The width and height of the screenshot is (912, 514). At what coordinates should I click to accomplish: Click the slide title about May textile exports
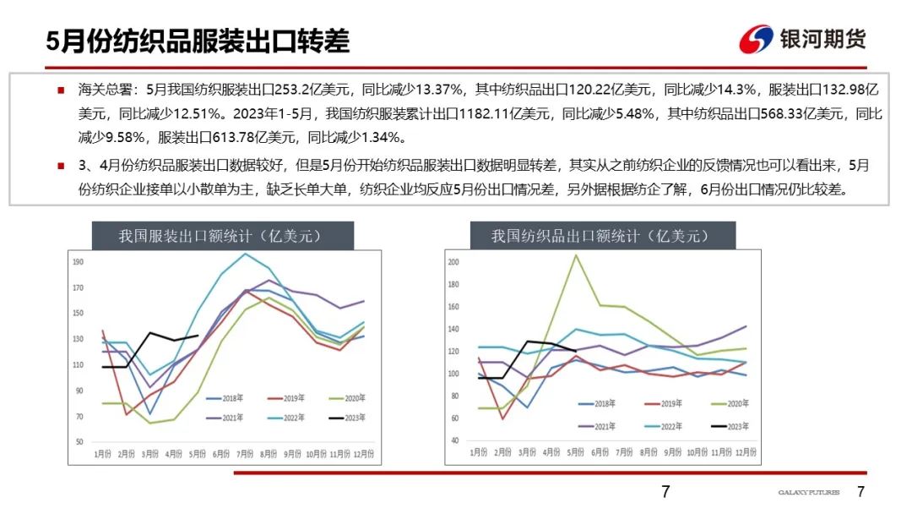coord(198,41)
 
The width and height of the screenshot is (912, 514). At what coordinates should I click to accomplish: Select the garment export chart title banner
coord(220,236)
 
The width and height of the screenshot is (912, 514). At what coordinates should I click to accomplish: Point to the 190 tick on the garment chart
coord(79,262)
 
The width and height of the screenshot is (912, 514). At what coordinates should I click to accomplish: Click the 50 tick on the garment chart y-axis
coord(79,442)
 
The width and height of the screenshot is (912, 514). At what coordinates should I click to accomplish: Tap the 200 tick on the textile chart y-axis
coord(453,263)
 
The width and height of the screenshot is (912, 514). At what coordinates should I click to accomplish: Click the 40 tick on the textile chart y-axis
coord(453,440)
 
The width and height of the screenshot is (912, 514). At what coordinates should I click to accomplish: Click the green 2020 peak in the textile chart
coord(576,254)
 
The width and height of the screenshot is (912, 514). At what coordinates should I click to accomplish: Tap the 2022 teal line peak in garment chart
coord(246,254)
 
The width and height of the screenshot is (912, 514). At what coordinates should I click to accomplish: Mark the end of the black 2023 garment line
coord(198,336)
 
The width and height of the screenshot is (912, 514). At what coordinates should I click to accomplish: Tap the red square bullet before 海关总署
coord(61,89)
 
